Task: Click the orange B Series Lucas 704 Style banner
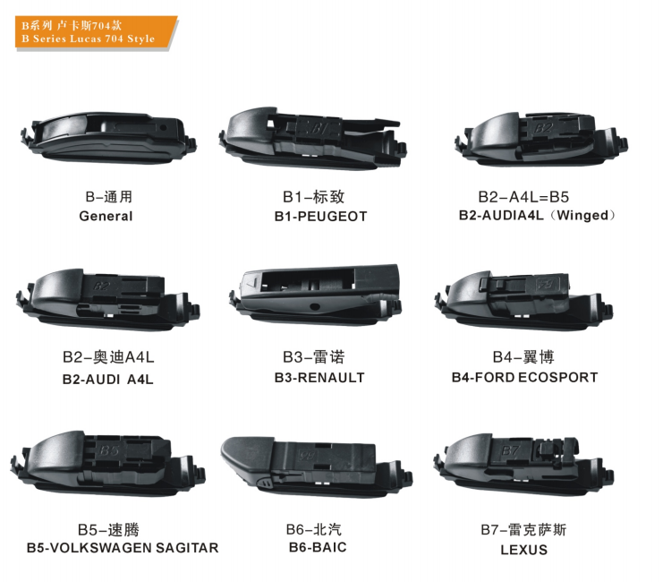click(96, 32)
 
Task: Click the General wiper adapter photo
click(108, 138)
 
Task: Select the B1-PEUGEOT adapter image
click(312, 139)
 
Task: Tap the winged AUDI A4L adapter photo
click(541, 140)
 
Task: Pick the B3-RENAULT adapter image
click(315, 295)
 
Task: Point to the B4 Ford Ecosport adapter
click(523, 301)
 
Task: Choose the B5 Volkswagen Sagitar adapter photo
click(108, 464)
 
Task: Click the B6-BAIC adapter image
click(317, 466)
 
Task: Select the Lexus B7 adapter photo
click(523, 463)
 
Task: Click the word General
click(106, 217)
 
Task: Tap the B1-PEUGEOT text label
click(320, 217)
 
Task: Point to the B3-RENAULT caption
click(319, 377)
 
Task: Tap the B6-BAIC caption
click(318, 547)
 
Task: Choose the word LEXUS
click(524, 550)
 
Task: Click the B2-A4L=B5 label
click(523, 197)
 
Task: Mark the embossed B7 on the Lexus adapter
click(509, 450)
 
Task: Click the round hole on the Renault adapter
click(315, 306)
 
